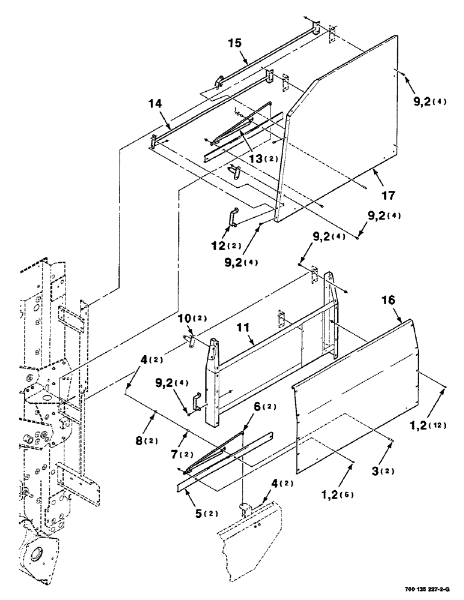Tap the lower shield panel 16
point(355,396)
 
